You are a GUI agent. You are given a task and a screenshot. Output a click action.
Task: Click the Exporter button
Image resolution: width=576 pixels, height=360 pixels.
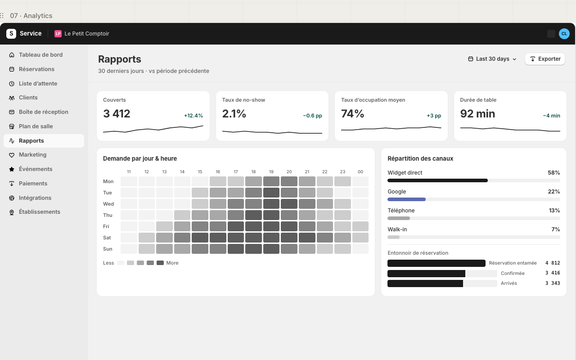tap(545, 59)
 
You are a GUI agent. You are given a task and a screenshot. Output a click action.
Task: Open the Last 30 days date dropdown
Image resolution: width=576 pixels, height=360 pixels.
tap(492, 59)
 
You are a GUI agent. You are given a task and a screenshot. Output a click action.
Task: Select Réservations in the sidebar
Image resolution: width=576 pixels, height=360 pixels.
tap(36, 69)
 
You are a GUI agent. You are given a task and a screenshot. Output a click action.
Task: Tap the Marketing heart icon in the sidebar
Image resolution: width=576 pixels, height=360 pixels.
tap(12, 155)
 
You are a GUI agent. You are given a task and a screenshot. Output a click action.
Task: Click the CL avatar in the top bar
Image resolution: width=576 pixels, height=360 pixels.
tap(564, 34)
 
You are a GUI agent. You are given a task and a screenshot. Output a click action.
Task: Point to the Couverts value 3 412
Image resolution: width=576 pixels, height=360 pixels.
tap(117, 114)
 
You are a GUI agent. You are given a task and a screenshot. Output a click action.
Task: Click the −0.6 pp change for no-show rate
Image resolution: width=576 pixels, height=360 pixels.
tap(312, 116)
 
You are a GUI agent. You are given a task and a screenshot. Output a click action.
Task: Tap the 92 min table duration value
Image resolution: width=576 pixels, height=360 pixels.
tap(477, 114)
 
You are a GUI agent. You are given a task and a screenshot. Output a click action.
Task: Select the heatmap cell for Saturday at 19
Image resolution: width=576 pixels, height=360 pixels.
tap(271, 238)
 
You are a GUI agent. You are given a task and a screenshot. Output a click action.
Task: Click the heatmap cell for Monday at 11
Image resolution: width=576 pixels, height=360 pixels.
tap(129, 181)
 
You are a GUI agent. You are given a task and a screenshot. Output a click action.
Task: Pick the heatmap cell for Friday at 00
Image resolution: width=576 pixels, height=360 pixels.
tap(360, 226)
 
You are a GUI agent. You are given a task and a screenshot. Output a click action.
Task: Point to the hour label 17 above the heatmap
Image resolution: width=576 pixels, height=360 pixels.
tap(235, 172)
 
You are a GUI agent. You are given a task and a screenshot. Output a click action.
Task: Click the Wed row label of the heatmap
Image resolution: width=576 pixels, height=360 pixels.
tap(108, 204)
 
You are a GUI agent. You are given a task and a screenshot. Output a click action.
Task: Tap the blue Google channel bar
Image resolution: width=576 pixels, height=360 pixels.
tap(406, 199)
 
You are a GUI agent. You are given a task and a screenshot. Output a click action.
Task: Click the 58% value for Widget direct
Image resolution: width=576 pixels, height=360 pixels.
tap(553, 173)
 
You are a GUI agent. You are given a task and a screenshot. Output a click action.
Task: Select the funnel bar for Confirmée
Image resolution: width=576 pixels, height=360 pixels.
tap(426, 273)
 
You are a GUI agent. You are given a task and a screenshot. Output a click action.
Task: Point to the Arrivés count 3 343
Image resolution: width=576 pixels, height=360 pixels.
tap(553, 283)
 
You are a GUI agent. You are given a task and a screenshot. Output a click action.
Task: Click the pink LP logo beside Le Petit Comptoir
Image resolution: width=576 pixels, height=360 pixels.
tap(58, 34)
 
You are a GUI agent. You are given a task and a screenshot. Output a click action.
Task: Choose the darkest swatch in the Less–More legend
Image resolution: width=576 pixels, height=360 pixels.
tap(160, 263)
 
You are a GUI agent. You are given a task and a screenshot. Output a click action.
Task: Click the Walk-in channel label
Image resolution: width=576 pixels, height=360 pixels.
tap(397, 229)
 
